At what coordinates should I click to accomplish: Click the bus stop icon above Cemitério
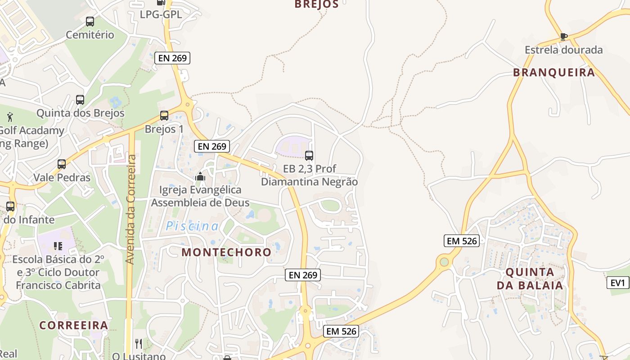[90, 21]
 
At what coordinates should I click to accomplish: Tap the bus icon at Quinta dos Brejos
[80, 100]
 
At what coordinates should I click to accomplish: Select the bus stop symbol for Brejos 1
[164, 116]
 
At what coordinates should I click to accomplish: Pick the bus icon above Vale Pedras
[62, 164]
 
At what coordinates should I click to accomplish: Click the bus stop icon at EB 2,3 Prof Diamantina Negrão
[309, 156]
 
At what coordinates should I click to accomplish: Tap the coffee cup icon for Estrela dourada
[563, 36]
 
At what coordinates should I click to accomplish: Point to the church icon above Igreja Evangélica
[200, 177]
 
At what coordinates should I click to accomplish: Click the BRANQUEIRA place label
[554, 72]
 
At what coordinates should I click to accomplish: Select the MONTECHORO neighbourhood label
[226, 252]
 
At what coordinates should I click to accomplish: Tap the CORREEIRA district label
[74, 325]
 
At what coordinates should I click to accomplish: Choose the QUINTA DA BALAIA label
[530, 279]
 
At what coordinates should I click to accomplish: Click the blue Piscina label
[192, 226]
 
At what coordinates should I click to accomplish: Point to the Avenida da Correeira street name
[130, 209]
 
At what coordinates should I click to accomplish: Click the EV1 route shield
[617, 283]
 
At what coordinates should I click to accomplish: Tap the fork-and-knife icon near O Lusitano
[139, 344]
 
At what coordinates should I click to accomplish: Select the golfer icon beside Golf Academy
[10, 117]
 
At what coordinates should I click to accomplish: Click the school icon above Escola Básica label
[58, 246]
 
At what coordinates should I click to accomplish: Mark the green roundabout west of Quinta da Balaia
[445, 261]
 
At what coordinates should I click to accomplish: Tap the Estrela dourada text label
[563, 50]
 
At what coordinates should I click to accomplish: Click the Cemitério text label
[90, 35]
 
